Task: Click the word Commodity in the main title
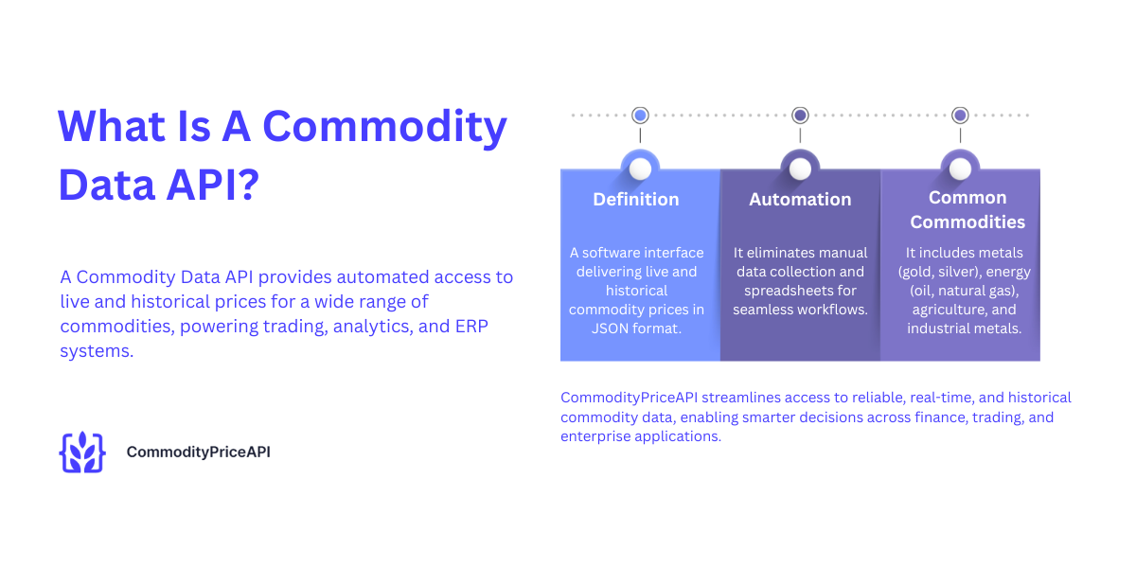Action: pos(384,126)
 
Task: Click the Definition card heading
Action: pos(636,200)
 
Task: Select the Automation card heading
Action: pos(800,200)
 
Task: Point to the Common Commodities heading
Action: pos(967,210)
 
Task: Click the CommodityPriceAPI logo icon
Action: pos(82,453)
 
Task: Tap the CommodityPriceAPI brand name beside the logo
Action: pos(198,453)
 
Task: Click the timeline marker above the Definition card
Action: pos(640,115)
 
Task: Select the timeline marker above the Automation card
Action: pos(800,115)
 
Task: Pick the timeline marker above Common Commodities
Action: pos(960,115)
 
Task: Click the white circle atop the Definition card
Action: pos(640,169)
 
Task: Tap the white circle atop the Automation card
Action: pos(800,169)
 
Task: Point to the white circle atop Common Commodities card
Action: pos(960,169)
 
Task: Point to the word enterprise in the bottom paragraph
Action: pos(595,436)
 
